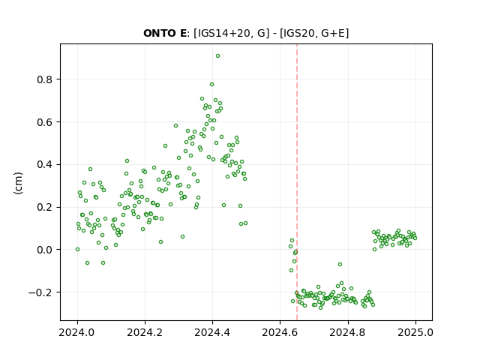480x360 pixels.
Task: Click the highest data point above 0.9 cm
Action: (x=217, y=56)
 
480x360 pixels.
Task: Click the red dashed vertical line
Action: (x=297, y=182)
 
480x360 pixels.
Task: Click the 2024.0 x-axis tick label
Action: (x=77, y=332)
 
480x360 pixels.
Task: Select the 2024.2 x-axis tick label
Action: (x=145, y=332)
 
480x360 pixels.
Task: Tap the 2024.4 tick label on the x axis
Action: (x=212, y=332)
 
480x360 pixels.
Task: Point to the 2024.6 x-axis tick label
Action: (x=280, y=332)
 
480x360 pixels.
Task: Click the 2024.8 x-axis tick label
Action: (x=348, y=332)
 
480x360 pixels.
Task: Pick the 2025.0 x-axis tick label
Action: (x=415, y=332)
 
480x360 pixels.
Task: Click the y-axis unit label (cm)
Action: (x=18, y=183)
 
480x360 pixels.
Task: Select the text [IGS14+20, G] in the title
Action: (x=232, y=33)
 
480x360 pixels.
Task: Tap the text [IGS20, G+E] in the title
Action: (x=314, y=33)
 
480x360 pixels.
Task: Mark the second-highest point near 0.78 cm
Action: (x=211, y=85)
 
